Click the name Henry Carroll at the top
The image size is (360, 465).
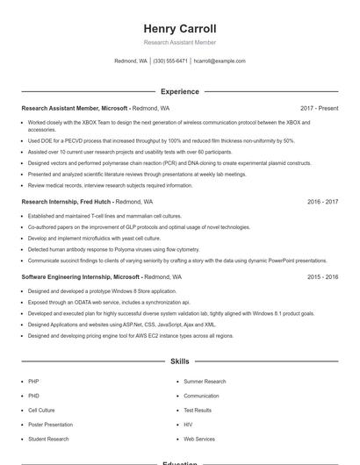pyautogui.click(x=179, y=29)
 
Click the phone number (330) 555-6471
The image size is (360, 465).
pyautogui.click(x=170, y=61)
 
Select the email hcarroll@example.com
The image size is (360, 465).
pyautogui.click(x=220, y=61)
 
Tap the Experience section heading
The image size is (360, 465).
pyautogui.click(x=179, y=91)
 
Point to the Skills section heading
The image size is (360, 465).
pyautogui.click(x=179, y=361)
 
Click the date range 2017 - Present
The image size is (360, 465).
pyautogui.click(x=319, y=108)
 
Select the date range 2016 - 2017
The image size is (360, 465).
pyautogui.click(x=322, y=201)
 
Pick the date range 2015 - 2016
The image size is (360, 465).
pyautogui.click(x=322, y=276)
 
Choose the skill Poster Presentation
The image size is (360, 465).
pyautogui.click(x=50, y=424)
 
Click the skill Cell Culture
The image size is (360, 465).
pyautogui.click(x=41, y=410)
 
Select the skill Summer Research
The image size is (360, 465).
pyautogui.click(x=205, y=382)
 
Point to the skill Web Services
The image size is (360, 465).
pyautogui.click(x=199, y=438)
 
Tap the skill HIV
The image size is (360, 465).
pyautogui.click(x=188, y=424)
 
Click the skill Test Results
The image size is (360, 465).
pyautogui.click(x=198, y=410)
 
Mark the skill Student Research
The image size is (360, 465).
pyautogui.click(x=48, y=438)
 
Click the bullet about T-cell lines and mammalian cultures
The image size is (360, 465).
pyautogui.click(x=104, y=216)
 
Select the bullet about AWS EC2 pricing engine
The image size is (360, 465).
pyautogui.click(x=130, y=335)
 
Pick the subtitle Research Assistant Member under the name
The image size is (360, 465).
pyautogui.click(x=179, y=42)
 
